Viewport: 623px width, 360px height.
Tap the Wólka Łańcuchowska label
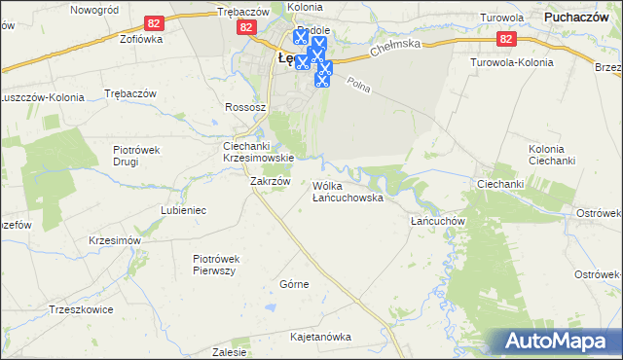348,192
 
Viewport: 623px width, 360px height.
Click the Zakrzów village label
271,181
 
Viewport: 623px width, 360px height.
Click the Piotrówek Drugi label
142,156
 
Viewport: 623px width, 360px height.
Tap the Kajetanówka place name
320,337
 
